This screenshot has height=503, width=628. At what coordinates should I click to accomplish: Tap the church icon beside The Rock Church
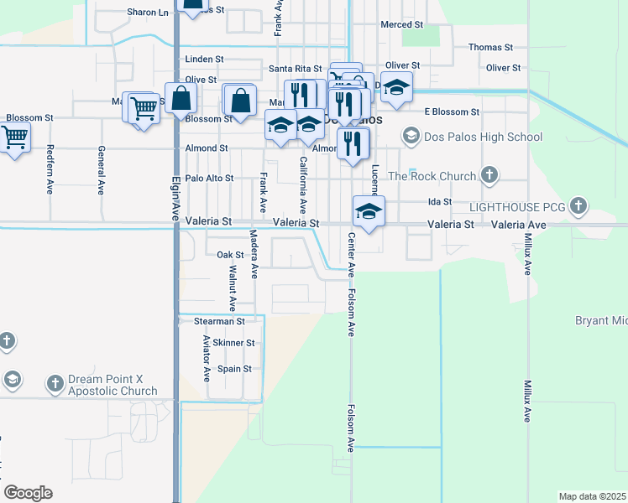(x=490, y=176)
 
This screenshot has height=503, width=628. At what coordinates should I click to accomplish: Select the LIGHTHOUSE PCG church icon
(x=578, y=205)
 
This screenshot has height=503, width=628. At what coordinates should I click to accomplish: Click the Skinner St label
(x=233, y=343)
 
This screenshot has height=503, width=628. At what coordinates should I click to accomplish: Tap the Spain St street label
(x=234, y=369)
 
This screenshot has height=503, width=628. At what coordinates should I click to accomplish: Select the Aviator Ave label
(x=207, y=358)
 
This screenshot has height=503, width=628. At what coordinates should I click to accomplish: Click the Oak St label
(x=229, y=255)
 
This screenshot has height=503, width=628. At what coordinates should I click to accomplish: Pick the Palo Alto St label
(x=209, y=179)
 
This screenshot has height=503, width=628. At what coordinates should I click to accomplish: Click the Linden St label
(x=204, y=60)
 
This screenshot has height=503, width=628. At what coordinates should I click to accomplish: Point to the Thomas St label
(x=490, y=48)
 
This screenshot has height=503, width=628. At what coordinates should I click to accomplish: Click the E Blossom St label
(x=452, y=111)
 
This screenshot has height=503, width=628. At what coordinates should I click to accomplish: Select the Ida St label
(x=440, y=202)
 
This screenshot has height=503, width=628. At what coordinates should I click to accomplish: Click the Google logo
(x=28, y=493)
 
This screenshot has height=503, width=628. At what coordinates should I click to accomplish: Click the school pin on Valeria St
(x=369, y=211)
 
